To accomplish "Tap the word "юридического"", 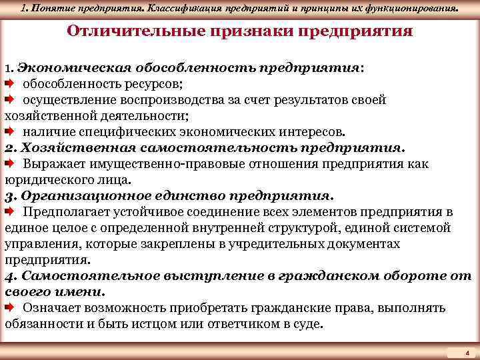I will tap(46, 180).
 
